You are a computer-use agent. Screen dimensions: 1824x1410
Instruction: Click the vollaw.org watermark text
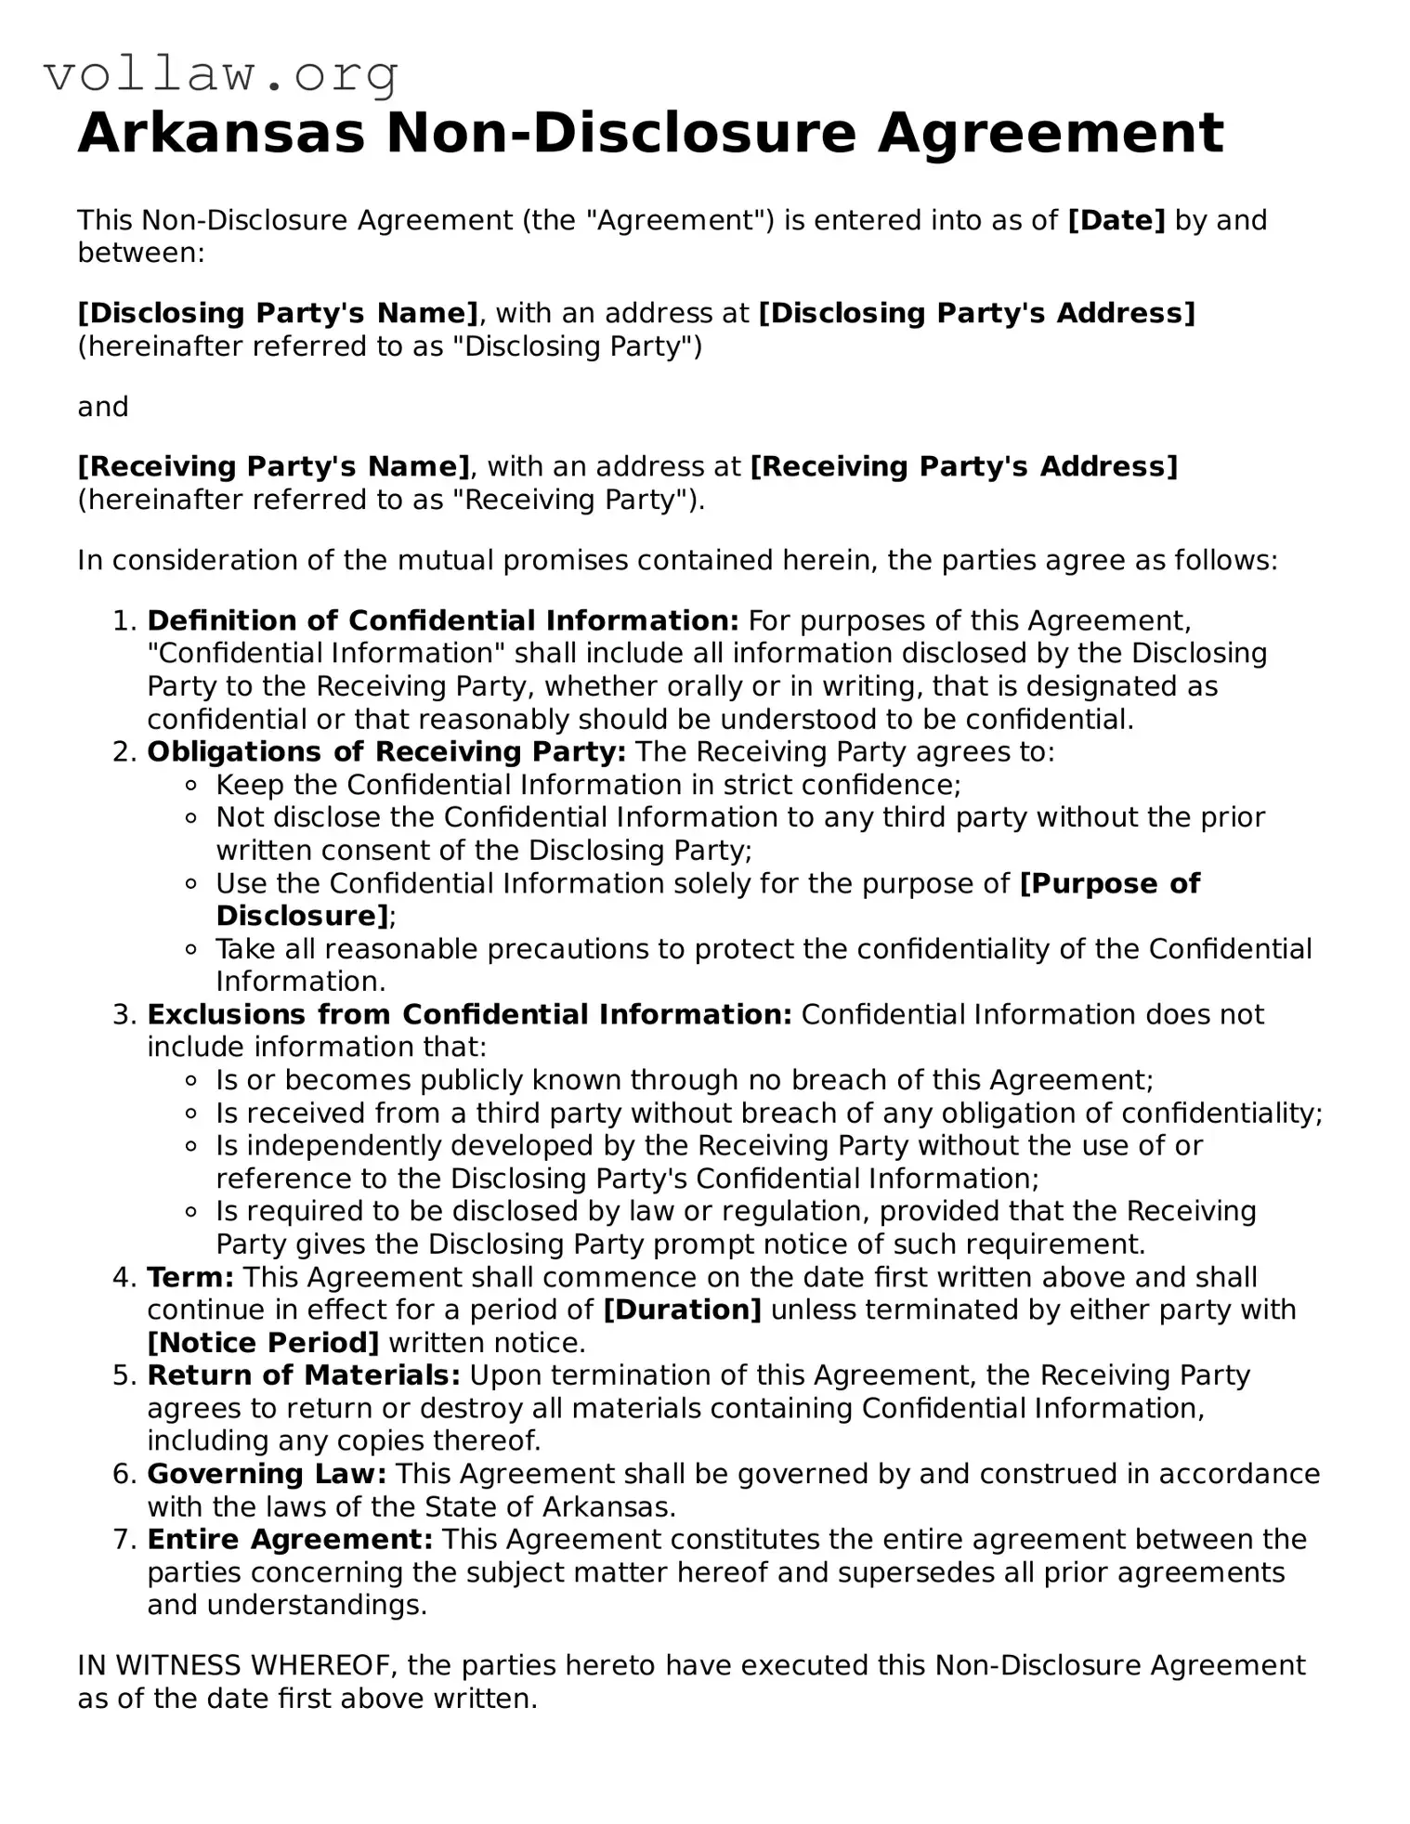click(221, 74)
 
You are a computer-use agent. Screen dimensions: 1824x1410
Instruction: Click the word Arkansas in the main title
click(221, 133)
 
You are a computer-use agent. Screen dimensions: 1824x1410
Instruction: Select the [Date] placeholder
click(1116, 220)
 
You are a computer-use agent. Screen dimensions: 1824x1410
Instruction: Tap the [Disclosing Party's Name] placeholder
click(278, 313)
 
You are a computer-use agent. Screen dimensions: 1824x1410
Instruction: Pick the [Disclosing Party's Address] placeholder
click(976, 313)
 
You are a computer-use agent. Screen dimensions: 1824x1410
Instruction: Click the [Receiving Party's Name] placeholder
click(274, 466)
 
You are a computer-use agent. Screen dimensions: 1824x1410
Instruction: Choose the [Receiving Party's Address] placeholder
click(963, 466)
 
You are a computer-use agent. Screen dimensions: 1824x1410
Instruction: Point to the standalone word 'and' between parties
click(102, 407)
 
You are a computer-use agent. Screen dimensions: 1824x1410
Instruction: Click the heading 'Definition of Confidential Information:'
click(443, 620)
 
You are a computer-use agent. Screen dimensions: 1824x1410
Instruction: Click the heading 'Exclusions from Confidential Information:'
click(469, 1014)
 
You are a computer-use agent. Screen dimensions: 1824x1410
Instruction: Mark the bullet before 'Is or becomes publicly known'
click(191, 1080)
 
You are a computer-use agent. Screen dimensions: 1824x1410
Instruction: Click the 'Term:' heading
click(190, 1277)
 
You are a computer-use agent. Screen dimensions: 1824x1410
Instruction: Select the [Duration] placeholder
click(682, 1309)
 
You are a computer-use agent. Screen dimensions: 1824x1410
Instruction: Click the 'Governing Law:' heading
click(267, 1474)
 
